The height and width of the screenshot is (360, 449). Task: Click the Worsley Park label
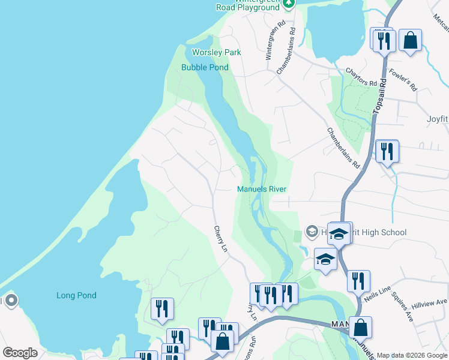pos(216,52)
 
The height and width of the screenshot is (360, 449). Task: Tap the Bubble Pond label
pos(205,68)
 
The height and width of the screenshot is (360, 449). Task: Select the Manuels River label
pos(262,190)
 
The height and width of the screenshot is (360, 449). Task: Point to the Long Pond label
pos(76,296)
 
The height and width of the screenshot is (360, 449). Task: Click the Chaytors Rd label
pos(361,77)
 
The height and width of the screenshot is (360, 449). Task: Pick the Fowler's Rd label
pos(406,77)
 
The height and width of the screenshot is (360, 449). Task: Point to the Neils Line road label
pos(377,294)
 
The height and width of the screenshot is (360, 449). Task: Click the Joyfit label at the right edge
pos(437,119)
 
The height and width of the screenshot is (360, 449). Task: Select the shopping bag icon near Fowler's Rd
pos(411,40)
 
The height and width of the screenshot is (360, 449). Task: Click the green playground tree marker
pos(289,4)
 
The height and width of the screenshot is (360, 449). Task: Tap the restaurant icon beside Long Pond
pos(162,308)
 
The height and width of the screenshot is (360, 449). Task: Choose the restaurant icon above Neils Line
pos(358,280)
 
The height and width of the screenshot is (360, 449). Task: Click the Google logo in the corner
pos(20,353)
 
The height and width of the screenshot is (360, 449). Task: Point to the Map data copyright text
pos(412,355)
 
